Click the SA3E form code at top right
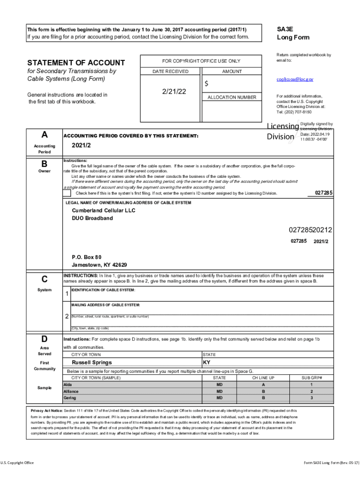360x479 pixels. pyautogui.click(x=285, y=29)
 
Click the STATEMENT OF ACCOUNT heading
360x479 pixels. pyautogui.click(x=76, y=63)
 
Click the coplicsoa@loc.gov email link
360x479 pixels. pyautogui.click(x=295, y=80)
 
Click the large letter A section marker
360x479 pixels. pyautogui.click(x=44, y=135)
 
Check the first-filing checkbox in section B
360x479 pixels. pyautogui.click(x=67, y=193)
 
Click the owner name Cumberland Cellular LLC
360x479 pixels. pyautogui.click(x=103, y=211)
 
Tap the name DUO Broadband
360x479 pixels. pyautogui.click(x=92, y=218)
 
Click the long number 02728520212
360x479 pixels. pyautogui.click(x=310, y=230)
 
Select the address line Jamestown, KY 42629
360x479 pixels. pyautogui.click(x=99, y=265)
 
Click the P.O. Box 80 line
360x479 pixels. pyautogui.click(x=86, y=257)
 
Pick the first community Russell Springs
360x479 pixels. pyautogui.click(x=92, y=363)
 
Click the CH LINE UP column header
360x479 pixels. pyautogui.click(x=263, y=377)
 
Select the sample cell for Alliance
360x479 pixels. pyautogui.click(x=71, y=391)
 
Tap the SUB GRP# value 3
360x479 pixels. pyautogui.click(x=311, y=398)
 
